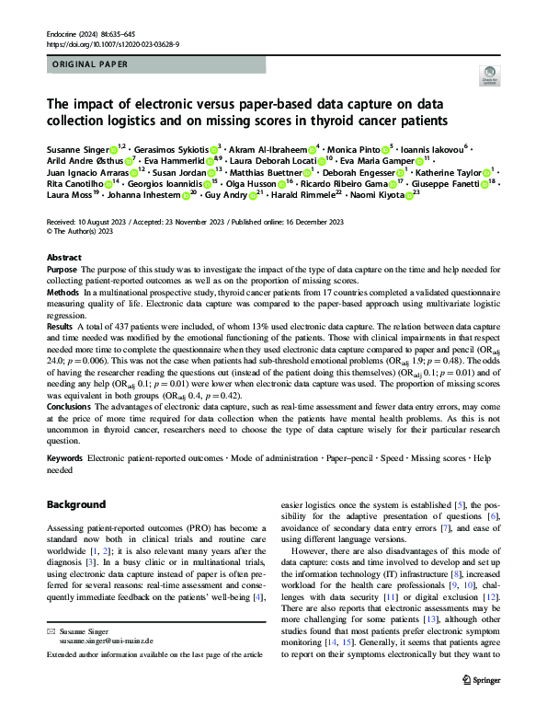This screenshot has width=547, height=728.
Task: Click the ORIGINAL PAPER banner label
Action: pos(90,65)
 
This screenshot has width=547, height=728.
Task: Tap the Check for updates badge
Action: pos(487,77)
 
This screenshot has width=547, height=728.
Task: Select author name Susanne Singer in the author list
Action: pos(76,149)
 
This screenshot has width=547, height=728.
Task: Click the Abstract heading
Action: pos(64,258)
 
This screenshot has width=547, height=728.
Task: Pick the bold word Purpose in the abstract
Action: pos(62,270)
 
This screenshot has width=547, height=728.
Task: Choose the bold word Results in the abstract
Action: pos(61,327)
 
